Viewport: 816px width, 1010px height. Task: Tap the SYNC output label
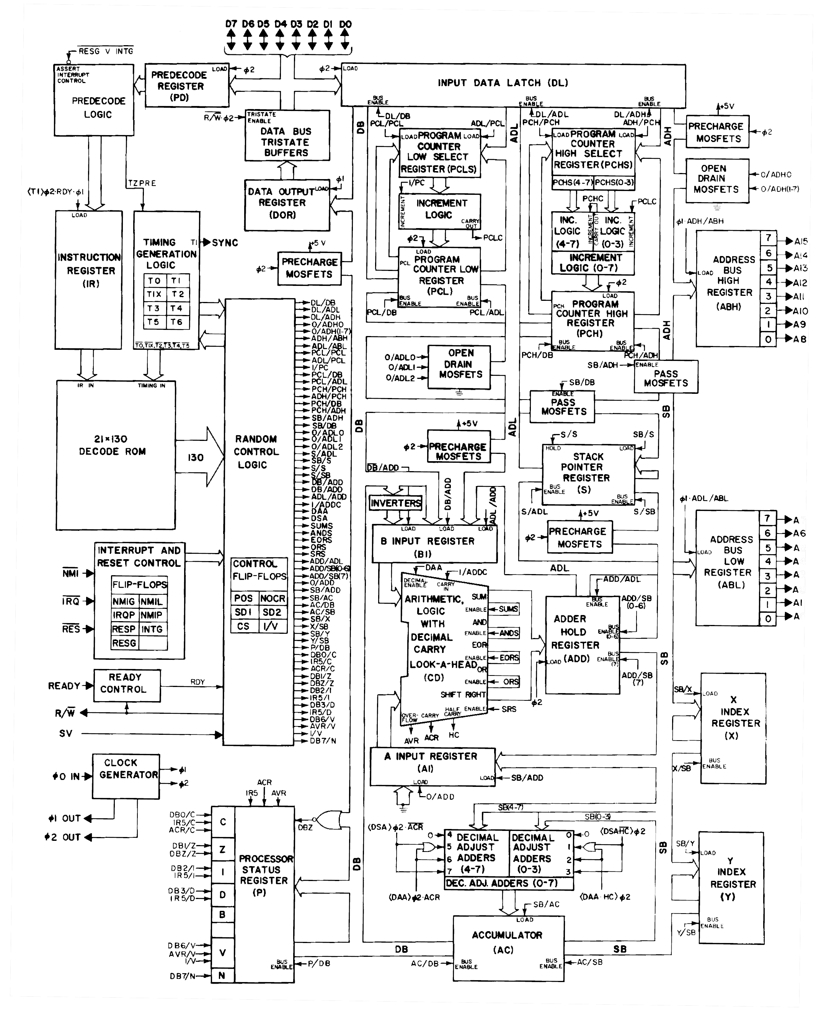225,243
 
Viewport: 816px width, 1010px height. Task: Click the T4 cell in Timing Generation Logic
177,308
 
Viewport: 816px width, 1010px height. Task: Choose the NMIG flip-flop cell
124,602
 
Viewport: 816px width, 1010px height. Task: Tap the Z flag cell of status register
223,849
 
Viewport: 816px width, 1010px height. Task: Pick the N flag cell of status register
222,975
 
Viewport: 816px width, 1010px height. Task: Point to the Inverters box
396,503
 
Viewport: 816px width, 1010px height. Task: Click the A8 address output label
800,339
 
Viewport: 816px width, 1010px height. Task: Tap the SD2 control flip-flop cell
272,612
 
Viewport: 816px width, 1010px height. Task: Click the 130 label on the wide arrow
196,457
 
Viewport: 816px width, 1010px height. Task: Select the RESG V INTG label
106,51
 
